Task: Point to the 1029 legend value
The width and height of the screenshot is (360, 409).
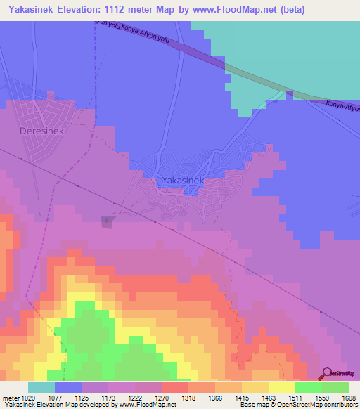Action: click(20, 397)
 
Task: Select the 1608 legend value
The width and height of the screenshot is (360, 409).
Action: click(348, 397)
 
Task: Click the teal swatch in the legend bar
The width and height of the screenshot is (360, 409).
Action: click(41, 387)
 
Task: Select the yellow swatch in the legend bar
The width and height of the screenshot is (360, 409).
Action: click(282, 387)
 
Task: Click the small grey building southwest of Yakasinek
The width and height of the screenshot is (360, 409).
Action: click(106, 222)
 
